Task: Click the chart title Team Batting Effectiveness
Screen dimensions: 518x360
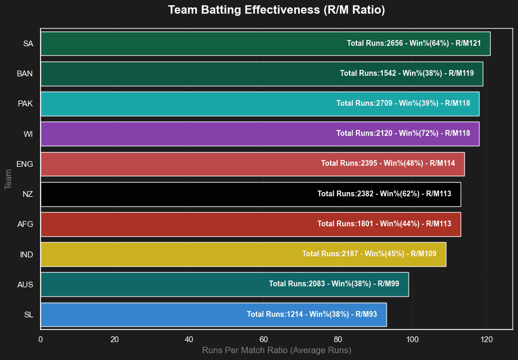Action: [x=244, y=10]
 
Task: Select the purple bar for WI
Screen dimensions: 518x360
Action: [x=260, y=134]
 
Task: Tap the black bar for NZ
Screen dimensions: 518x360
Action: [x=251, y=194]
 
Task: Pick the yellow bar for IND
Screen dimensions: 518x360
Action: [x=244, y=254]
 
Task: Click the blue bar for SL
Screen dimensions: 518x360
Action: [x=214, y=315]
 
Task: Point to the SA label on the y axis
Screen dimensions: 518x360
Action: [x=28, y=44]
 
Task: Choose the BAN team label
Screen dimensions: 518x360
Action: [x=25, y=74]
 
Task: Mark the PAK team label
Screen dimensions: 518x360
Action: [x=25, y=104]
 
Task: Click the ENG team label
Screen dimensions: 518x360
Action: [x=25, y=164]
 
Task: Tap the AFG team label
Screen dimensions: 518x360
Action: [x=25, y=224]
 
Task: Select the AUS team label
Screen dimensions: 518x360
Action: [x=25, y=285]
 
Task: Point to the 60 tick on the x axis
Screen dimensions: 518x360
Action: [x=264, y=339]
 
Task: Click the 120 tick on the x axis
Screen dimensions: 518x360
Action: [x=486, y=339]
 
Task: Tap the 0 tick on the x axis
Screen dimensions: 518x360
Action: [x=41, y=339]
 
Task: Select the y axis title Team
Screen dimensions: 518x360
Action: [x=8, y=179]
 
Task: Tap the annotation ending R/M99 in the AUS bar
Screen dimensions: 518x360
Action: [x=334, y=284]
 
